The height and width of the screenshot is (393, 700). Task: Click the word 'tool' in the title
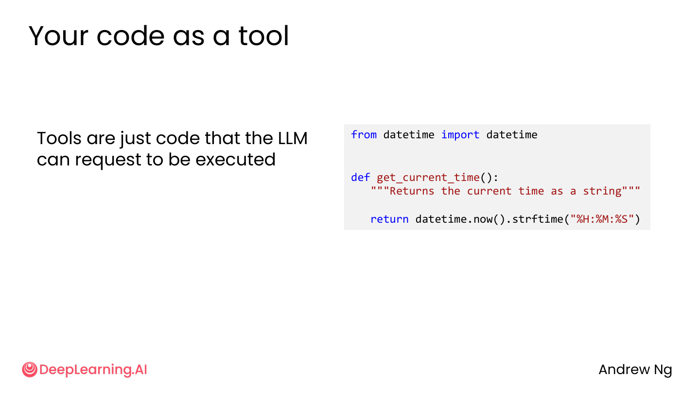click(x=264, y=36)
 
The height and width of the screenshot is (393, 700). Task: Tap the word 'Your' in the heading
click(x=58, y=36)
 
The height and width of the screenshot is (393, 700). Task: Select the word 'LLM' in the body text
click(x=293, y=138)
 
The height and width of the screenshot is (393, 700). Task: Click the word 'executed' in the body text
click(x=235, y=159)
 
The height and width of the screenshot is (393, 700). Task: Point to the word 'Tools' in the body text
click(x=59, y=138)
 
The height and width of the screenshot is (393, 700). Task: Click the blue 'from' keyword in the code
click(x=364, y=134)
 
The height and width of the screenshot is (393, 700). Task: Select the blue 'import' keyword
click(x=460, y=135)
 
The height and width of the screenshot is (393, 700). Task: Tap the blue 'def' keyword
click(x=360, y=177)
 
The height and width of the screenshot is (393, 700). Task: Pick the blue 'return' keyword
click(x=389, y=219)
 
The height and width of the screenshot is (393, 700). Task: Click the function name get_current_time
click(x=428, y=178)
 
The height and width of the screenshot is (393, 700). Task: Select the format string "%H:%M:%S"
click(x=602, y=219)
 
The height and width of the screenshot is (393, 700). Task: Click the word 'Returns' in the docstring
click(x=412, y=191)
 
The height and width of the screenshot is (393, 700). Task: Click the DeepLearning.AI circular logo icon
click(x=30, y=369)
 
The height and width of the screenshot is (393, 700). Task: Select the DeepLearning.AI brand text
click(x=93, y=370)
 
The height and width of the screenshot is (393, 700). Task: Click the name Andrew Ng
click(x=635, y=370)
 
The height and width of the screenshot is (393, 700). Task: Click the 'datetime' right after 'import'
click(x=512, y=134)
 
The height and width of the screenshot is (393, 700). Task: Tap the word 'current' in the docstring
click(x=489, y=191)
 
